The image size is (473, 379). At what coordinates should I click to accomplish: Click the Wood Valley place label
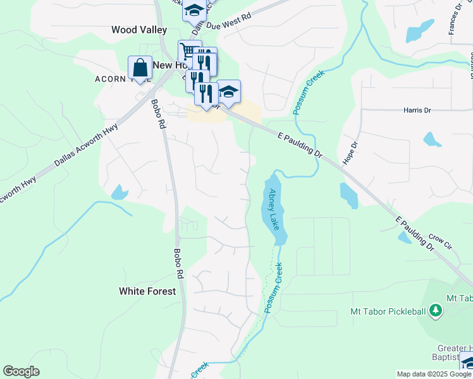point(138,30)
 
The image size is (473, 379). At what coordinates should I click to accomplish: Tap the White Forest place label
point(147,291)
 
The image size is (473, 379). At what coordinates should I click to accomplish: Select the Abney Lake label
point(273,208)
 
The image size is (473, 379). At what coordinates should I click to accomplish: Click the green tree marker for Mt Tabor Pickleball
point(435,310)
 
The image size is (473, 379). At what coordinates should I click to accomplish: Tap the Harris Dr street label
point(417,110)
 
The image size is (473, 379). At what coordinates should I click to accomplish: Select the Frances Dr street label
point(453,18)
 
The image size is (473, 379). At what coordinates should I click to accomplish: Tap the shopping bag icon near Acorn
point(140,68)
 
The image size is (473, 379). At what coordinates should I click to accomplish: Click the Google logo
point(21,371)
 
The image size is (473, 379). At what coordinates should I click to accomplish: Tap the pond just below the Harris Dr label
point(432,139)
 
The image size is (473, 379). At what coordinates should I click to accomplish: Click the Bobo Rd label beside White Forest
point(178,263)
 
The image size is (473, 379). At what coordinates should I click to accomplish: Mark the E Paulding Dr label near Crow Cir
point(415,235)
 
